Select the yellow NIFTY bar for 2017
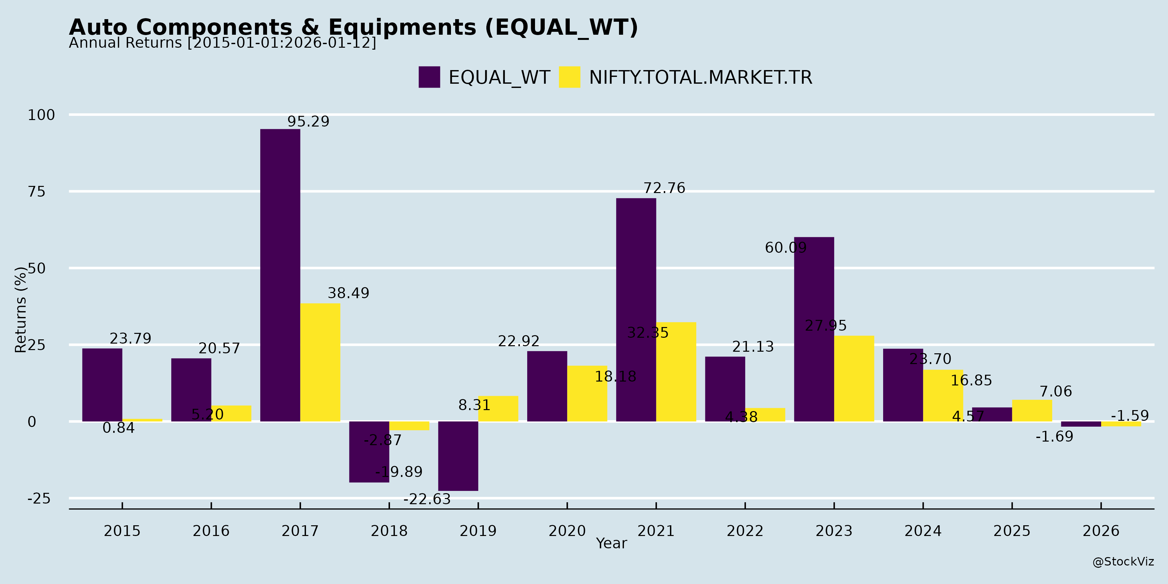[320, 362]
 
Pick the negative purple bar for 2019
[458, 456]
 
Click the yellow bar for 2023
[854, 379]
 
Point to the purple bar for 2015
[102, 385]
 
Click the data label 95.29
[308, 122]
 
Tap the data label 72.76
[664, 188]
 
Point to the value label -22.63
[427, 499]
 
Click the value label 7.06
[1055, 391]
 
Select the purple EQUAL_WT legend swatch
[429, 77]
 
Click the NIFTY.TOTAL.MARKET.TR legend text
[700, 78]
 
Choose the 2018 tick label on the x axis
[389, 531]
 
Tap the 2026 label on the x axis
[1101, 531]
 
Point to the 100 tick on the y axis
[41, 115]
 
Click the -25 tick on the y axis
[39, 499]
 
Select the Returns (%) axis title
[21, 310]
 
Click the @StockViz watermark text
[1123, 562]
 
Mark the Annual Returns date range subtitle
[222, 43]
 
